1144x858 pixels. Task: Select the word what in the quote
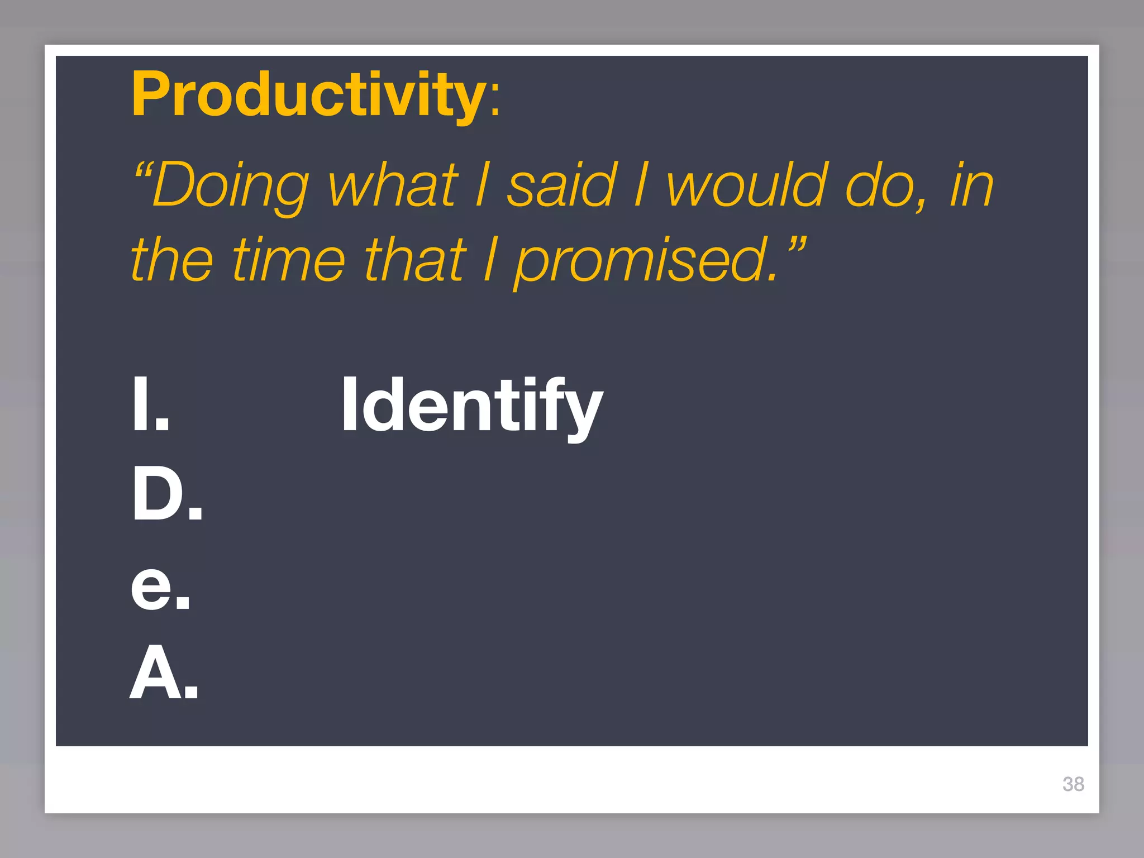(x=393, y=185)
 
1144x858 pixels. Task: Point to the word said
(x=561, y=185)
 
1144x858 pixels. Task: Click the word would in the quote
(x=746, y=185)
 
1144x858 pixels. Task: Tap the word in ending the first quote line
(x=972, y=185)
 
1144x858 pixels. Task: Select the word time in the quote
(x=289, y=259)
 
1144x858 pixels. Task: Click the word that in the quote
(x=414, y=259)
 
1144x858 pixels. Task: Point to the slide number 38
(x=1073, y=784)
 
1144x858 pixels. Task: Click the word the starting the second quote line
(x=172, y=259)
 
